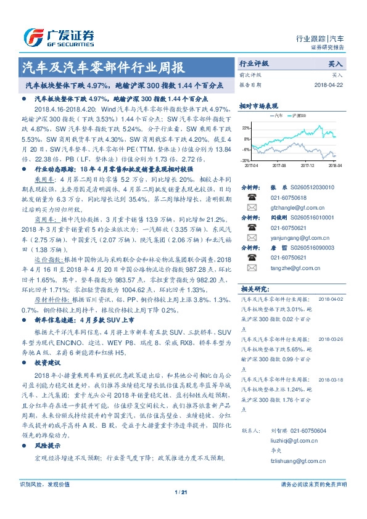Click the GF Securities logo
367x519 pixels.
[x=59, y=38]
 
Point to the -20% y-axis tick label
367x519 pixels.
[x=246, y=160]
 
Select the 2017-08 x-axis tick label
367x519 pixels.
[x=279, y=165]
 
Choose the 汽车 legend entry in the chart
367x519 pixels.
[x=277, y=115]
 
